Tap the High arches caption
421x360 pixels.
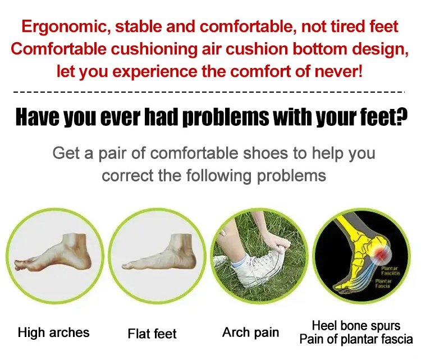tap(54, 332)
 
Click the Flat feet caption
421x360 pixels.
tap(152, 334)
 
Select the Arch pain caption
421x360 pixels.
tap(251, 332)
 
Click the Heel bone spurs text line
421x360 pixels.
tap(356, 326)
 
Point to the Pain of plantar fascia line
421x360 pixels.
tap(356, 339)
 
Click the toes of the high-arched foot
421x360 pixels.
tap(22, 265)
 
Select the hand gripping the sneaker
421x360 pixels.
tap(277, 242)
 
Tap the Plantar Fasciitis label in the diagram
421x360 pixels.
tap(391, 271)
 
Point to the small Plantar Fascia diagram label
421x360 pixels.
tap(383, 284)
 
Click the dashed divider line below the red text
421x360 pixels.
tap(209, 92)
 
